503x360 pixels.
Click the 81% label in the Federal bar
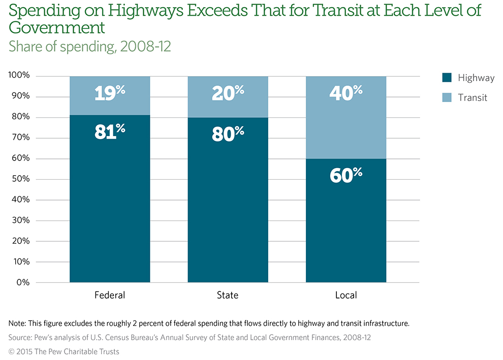110,132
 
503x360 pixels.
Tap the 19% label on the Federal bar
110,92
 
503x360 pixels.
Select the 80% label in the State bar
228,134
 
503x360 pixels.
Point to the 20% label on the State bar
228,93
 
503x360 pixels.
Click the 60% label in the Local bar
346,175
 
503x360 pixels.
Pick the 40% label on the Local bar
346,93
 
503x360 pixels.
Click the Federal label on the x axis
110,295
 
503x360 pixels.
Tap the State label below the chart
228,295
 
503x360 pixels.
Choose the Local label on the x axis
346,295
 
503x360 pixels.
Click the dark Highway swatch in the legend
447,78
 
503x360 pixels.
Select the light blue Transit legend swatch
447,97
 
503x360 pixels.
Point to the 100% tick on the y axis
19,76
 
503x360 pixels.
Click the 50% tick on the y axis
21,179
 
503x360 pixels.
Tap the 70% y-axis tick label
21,138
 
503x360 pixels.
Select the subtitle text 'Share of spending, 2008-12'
90,46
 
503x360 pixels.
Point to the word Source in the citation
21,337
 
